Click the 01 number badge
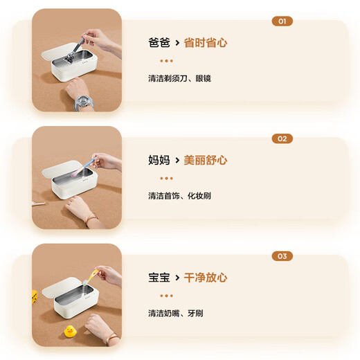click(282, 21)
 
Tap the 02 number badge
click(282, 138)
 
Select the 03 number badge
click(282, 256)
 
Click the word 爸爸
click(159, 43)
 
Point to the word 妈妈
click(159, 161)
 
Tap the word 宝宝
click(159, 278)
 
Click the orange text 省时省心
click(206, 43)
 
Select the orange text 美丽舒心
click(206, 161)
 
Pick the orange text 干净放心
click(206, 278)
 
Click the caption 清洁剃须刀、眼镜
click(179, 78)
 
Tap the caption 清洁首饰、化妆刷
click(179, 196)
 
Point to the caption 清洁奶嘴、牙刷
click(176, 314)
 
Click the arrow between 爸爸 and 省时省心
click(177, 43)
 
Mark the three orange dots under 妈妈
click(161, 178)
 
